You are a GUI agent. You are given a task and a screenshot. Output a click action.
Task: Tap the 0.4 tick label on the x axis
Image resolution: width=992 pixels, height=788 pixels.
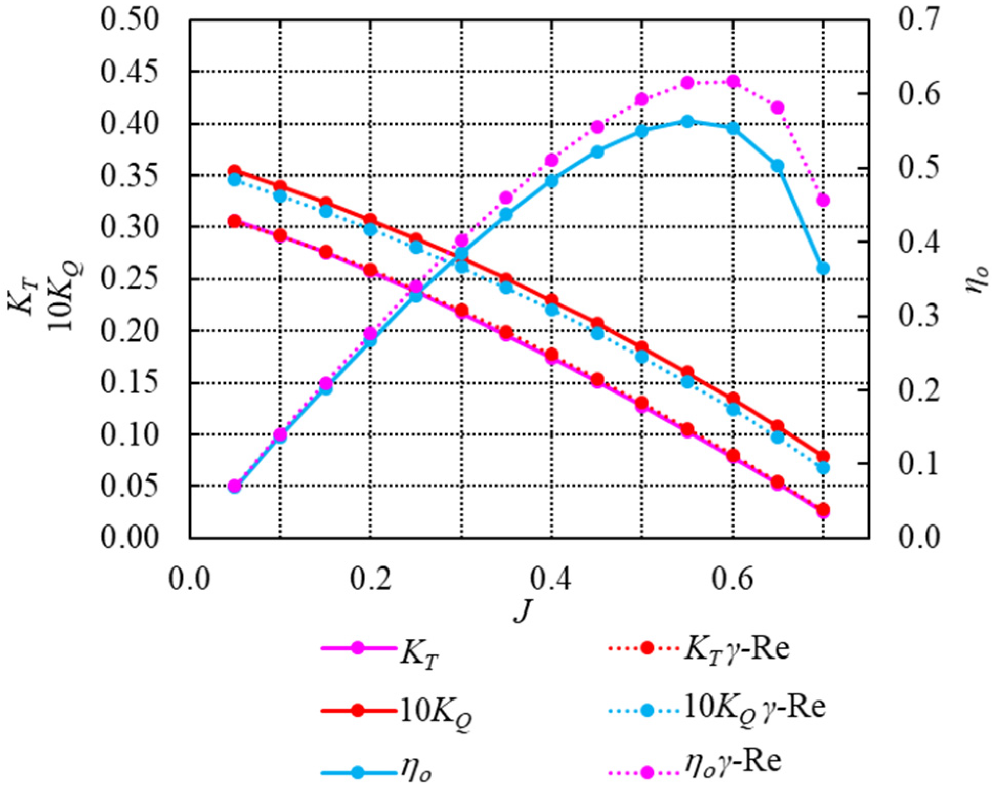tap(551, 580)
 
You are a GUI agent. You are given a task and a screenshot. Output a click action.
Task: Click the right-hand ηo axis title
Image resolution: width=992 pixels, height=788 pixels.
tap(976, 279)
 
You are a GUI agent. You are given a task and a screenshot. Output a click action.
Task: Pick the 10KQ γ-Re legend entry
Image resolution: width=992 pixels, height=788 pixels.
tap(717, 709)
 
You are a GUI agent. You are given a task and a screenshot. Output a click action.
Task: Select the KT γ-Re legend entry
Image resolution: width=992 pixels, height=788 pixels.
tap(699, 649)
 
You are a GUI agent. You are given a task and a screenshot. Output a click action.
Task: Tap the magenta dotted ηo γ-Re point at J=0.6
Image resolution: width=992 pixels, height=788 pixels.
tap(733, 81)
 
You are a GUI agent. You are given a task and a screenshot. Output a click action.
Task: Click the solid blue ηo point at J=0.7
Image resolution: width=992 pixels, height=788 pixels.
tap(823, 269)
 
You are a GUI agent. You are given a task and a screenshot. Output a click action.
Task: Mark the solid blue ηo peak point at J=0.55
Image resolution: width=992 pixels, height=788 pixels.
tap(687, 121)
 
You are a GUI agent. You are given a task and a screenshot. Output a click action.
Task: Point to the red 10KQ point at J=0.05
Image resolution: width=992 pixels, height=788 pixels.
tap(234, 171)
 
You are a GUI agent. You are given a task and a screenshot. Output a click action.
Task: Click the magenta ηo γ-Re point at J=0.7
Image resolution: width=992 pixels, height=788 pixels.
tap(823, 200)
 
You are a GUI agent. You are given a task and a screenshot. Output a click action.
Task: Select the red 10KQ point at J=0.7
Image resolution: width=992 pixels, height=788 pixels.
tap(823, 456)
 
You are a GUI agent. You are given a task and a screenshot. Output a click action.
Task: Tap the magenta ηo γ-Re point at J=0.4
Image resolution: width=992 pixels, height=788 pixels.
tap(551, 161)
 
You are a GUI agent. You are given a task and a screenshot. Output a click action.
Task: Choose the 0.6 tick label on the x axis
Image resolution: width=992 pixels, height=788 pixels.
tap(732, 580)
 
